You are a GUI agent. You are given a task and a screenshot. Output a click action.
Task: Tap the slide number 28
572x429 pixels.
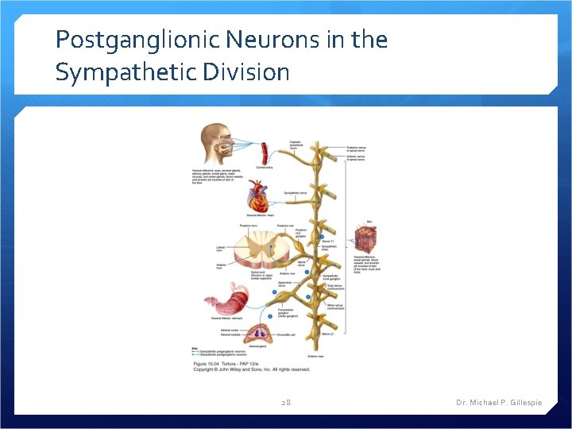(286, 403)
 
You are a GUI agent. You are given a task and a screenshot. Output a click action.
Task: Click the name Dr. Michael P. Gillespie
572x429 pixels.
(499, 403)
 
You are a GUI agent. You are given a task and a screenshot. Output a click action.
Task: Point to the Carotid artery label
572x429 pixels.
(265, 168)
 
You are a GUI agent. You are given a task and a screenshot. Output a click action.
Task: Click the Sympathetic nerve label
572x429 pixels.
(296, 193)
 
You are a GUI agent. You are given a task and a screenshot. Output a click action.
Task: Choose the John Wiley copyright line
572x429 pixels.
(251, 369)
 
